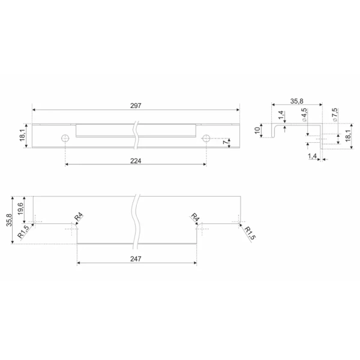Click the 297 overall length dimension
[136, 106]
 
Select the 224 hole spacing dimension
[136, 161]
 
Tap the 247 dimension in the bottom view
[136, 259]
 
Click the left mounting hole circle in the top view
[65, 139]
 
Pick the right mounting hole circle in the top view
[206, 139]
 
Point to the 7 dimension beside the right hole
[226, 143]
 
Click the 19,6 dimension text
[20, 208]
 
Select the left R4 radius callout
[79, 217]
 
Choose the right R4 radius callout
[194, 217]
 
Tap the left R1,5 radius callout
[23, 232]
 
